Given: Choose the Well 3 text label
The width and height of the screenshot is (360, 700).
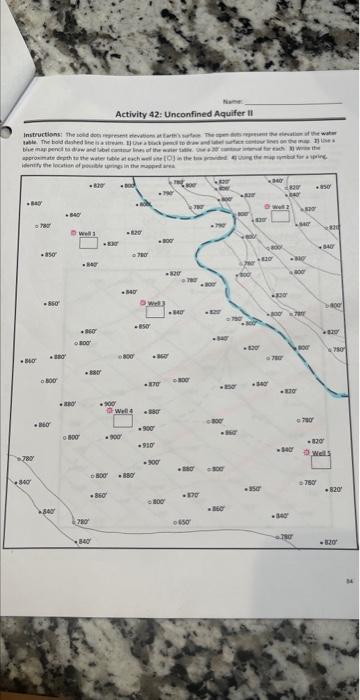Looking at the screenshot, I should click(157, 302).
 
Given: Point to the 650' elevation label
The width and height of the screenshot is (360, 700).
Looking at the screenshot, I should click(185, 522).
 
